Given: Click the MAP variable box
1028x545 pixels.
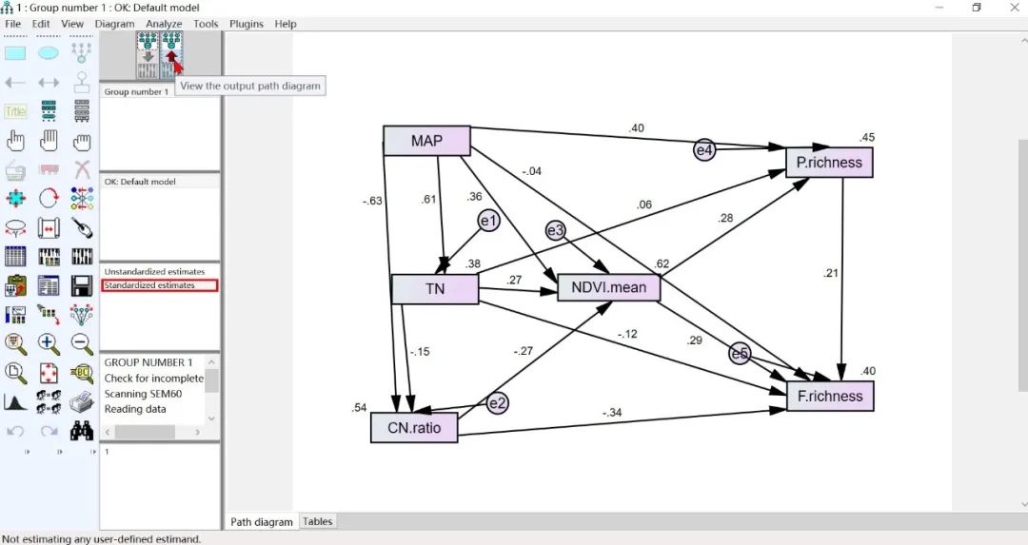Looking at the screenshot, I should [x=426, y=141].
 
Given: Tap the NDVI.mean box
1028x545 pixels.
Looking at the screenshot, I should [x=608, y=287].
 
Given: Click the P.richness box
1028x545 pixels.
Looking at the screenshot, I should [x=829, y=162].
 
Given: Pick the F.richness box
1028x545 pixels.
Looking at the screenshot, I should [x=830, y=396].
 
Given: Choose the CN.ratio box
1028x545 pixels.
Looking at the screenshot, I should [x=414, y=427].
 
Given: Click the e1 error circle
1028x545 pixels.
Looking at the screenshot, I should [x=488, y=221].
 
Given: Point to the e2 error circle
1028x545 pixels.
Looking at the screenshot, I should [x=498, y=403].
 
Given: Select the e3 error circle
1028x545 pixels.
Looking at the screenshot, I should [x=556, y=230].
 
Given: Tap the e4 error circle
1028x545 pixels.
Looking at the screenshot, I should [x=703, y=149].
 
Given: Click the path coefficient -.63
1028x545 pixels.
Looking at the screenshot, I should [x=372, y=201].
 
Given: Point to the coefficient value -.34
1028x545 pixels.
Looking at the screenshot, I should [x=611, y=412].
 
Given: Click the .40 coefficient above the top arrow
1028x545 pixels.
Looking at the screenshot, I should [x=636, y=128].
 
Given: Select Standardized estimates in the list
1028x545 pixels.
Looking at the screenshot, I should [x=149, y=285].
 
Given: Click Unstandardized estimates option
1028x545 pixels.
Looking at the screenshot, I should [x=154, y=272].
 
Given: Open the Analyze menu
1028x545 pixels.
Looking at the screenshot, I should [x=164, y=24].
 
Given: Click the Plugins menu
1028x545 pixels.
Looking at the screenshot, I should [x=247, y=24].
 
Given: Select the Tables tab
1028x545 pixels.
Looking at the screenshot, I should [x=318, y=521].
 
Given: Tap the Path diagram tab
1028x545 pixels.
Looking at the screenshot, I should [x=262, y=521].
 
